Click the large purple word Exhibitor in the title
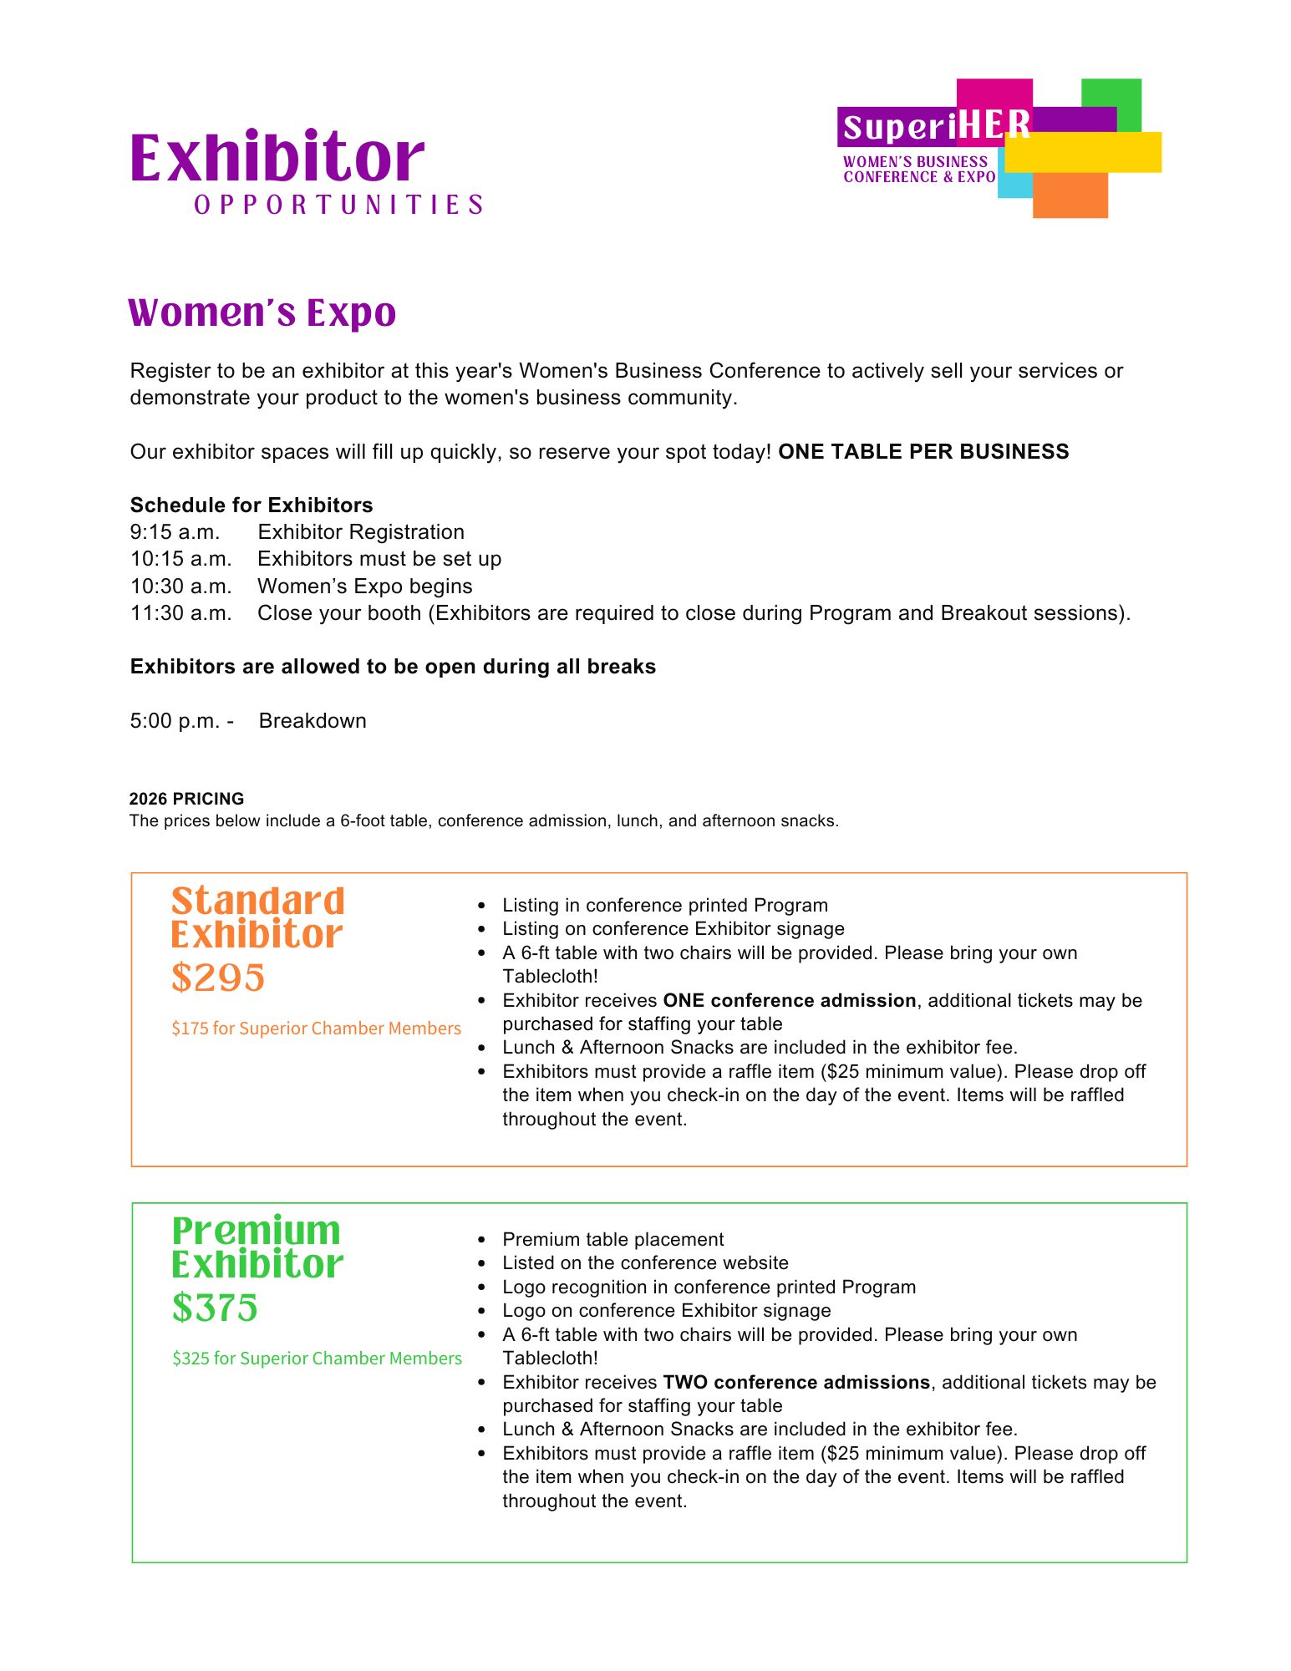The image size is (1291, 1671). tap(277, 158)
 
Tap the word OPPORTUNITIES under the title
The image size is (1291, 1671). tap(338, 206)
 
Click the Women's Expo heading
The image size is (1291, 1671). tap(262, 313)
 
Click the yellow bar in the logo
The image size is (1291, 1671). tap(1083, 152)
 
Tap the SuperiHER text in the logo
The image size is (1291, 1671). tap(936, 127)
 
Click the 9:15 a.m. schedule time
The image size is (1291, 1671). tap(175, 532)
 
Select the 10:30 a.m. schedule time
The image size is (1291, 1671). tap(180, 587)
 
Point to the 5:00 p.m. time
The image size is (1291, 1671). tap(175, 721)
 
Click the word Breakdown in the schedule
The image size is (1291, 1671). tap(313, 721)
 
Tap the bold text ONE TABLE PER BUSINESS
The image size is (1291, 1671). tap(923, 452)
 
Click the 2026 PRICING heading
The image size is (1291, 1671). tap(186, 799)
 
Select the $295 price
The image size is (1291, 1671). tap(218, 978)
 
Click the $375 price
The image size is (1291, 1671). tap(215, 1308)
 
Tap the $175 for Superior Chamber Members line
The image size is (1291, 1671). tap(316, 1029)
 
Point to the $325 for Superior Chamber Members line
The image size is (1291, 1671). tap(317, 1359)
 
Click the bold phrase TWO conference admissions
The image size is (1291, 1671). tap(796, 1383)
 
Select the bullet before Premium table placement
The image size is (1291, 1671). tap(481, 1240)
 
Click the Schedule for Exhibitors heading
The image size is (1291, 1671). tap(251, 505)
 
